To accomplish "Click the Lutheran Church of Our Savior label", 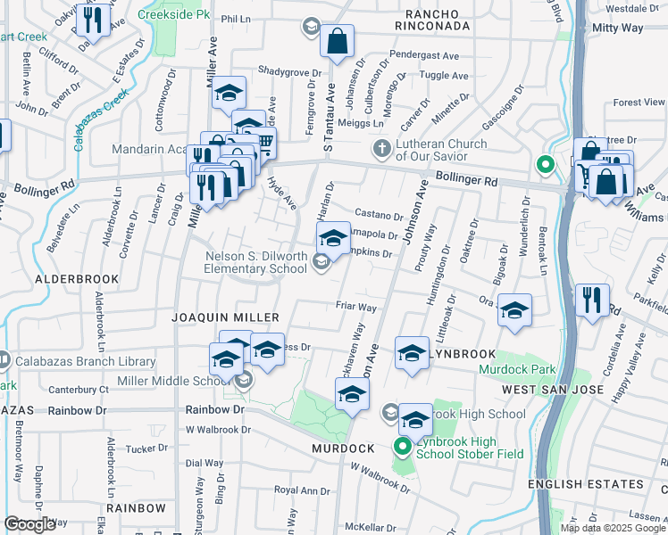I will (x=441, y=150).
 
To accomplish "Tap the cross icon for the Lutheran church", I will (x=381, y=147).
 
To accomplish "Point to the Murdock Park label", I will (x=517, y=369).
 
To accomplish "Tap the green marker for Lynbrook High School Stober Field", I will (x=402, y=447).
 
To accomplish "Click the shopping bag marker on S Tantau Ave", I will (x=338, y=41).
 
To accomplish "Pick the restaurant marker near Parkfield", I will (x=592, y=300).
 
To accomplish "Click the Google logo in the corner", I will (x=29, y=524).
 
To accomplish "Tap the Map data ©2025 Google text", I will (x=613, y=527).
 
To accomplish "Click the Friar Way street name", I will (x=355, y=307).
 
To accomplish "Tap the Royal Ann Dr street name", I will (x=302, y=490).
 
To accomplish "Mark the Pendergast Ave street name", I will (x=425, y=55).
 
